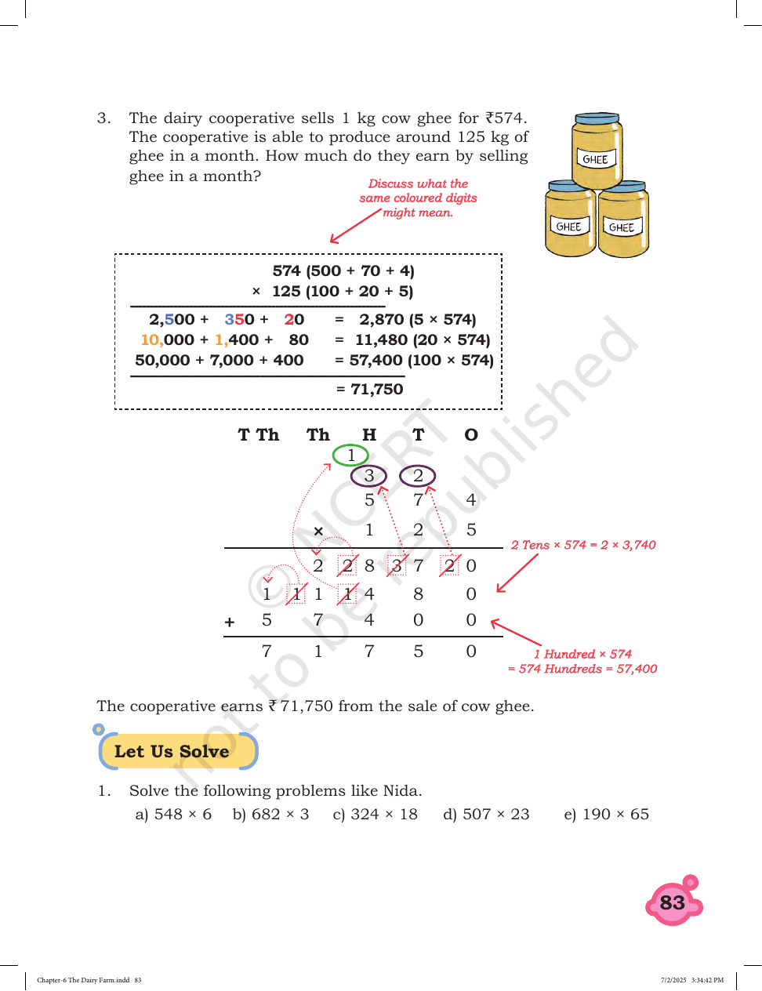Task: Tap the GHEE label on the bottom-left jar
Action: (568, 227)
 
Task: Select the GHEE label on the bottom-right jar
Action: (622, 227)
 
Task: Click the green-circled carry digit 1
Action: (350, 456)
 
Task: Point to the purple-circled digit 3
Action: (368, 476)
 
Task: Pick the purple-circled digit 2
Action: (418, 476)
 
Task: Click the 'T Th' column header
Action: (258, 434)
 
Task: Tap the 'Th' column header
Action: (317, 434)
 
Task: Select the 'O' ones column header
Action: (471, 434)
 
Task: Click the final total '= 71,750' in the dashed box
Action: (369, 389)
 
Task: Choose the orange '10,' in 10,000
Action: (152, 339)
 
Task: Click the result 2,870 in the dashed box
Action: (381, 319)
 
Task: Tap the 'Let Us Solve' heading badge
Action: (178, 751)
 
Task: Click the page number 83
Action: (672, 902)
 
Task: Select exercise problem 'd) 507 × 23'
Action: (486, 814)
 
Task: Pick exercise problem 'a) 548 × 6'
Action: (173, 814)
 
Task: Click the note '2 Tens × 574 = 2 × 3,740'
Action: (583, 545)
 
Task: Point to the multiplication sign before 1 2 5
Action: (318, 531)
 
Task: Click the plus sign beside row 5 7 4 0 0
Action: (230, 622)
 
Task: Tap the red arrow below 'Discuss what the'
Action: (355, 226)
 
